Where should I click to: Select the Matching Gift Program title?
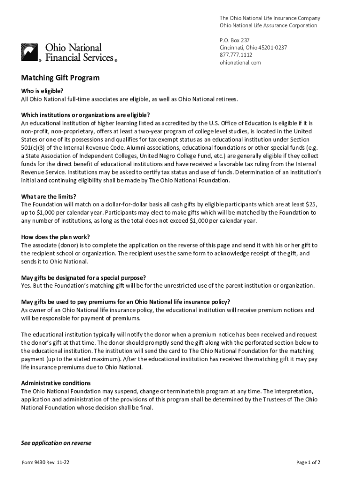click(60, 78)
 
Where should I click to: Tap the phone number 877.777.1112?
click(236, 55)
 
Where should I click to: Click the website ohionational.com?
click(240, 62)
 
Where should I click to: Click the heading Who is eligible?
click(42, 91)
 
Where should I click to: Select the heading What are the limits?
click(49, 196)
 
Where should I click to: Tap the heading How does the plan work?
click(55, 237)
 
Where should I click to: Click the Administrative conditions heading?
click(59, 382)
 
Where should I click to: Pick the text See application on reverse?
click(56, 443)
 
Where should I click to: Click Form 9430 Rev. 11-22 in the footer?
click(46, 463)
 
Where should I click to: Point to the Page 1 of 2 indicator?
click(308, 463)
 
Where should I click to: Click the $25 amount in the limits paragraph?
click(310, 204)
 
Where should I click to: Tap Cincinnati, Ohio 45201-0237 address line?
click(253, 48)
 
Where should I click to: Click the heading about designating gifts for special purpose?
click(83, 277)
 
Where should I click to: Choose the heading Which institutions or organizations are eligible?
click(86, 115)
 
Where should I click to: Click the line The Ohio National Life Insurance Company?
click(270, 18)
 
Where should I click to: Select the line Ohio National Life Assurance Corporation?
click(268, 25)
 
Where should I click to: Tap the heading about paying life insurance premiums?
click(125, 302)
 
